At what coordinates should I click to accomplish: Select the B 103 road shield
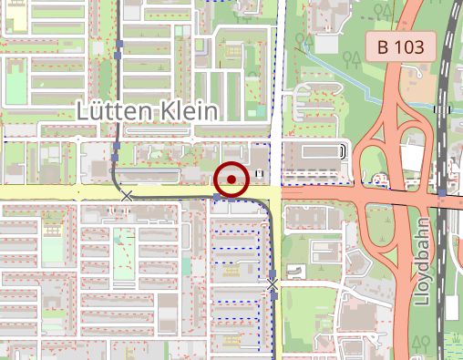400,47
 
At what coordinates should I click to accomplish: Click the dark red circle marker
232,180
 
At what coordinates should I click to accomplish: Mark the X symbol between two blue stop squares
272,286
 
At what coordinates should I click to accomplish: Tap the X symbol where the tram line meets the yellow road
127,195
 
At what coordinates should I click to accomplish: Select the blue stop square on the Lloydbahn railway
442,193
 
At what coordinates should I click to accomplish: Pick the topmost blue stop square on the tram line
118,43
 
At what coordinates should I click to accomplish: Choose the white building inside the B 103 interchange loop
410,157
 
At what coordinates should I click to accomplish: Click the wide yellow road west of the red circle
55,192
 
